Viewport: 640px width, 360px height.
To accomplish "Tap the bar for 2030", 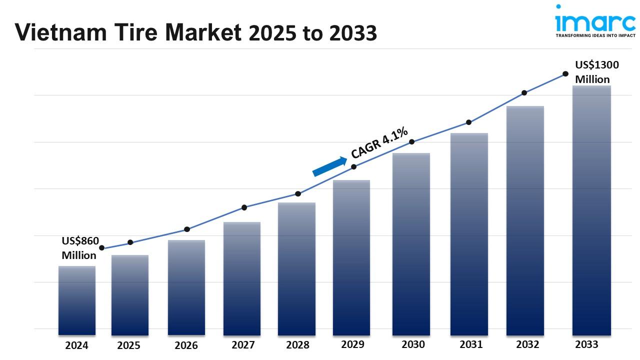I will pos(411,243).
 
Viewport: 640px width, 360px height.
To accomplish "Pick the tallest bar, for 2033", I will pos(591,210).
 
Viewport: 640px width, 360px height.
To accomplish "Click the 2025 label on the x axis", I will pos(129,345).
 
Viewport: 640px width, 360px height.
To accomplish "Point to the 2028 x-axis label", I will pos(297,345).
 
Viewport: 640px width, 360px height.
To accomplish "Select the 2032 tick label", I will pos(527,344).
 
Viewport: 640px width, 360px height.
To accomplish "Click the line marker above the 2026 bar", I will pos(187,229).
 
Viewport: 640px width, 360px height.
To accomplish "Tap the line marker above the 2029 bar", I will pos(354,166).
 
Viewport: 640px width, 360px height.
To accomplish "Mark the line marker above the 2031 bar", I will pos(469,122).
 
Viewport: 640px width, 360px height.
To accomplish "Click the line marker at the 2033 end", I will pos(565,73).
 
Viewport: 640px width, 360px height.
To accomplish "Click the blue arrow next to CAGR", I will pos(329,166).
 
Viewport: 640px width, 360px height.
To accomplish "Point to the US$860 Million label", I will pos(80,248).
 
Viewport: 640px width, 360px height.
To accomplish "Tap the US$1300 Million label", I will pos(592,72).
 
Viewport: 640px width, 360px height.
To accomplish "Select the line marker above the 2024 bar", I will pos(102,248).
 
